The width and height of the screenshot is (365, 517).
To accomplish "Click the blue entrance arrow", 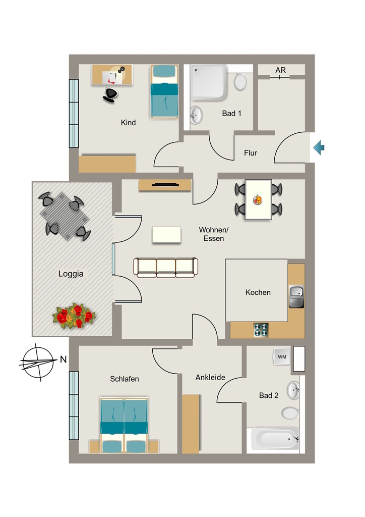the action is pyautogui.click(x=319, y=147).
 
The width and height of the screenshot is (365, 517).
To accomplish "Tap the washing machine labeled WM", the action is pyautogui.click(x=282, y=356).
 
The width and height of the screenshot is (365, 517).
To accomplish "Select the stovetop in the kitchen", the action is pyautogui.click(x=261, y=330).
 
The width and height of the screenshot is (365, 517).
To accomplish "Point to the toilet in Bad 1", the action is pyautogui.click(x=240, y=81).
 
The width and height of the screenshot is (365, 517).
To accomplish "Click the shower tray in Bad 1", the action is pyautogui.click(x=209, y=82).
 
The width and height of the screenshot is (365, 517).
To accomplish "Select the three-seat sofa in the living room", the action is pyautogui.click(x=165, y=268).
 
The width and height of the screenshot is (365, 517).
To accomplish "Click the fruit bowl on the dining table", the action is pyautogui.click(x=258, y=199).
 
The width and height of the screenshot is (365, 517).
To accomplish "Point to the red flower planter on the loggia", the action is pyautogui.click(x=74, y=316).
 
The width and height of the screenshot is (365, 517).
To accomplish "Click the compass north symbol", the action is pyautogui.click(x=37, y=362).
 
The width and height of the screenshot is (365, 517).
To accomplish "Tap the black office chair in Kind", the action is pyautogui.click(x=110, y=94).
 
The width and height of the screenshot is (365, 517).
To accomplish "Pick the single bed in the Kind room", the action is pyautogui.click(x=164, y=91).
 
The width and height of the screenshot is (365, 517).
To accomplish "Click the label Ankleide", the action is pyautogui.click(x=210, y=377).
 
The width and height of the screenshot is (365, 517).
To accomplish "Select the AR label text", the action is pyautogui.click(x=280, y=70).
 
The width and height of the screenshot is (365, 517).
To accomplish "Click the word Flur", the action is pyautogui.click(x=251, y=153).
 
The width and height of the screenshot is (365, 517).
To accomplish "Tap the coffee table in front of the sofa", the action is pyautogui.click(x=166, y=235).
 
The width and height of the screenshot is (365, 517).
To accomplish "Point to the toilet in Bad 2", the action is pyautogui.click(x=290, y=413).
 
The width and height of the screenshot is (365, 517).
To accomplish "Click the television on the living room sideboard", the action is pyautogui.click(x=165, y=185).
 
